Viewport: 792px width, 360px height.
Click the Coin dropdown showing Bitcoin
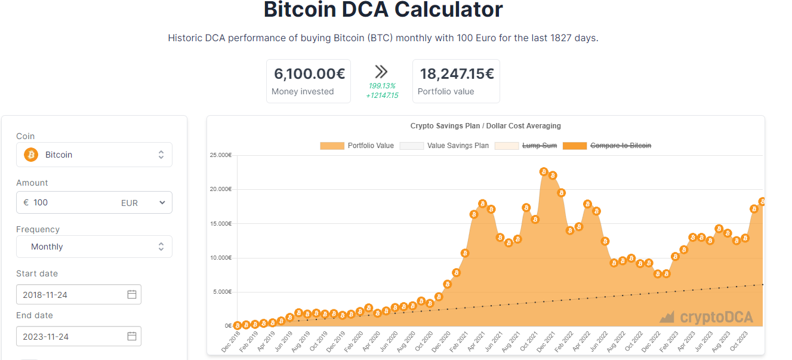[x=94, y=155]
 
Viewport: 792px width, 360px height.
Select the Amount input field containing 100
[x=72, y=202]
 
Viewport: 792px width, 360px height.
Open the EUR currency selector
[x=143, y=203]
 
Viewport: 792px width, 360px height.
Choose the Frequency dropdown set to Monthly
[x=94, y=247]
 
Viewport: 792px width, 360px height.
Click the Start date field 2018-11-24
[x=78, y=295]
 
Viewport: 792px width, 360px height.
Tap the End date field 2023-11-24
[x=78, y=337]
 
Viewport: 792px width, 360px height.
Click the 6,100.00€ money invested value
[x=309, y=74]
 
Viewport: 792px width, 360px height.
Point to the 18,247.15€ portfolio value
[x=457, y=74]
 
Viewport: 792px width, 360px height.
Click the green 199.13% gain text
[x=382, y=86]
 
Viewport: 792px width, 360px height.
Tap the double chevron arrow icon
[x=381, y=72]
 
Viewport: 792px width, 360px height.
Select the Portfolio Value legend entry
[x=357, y=146]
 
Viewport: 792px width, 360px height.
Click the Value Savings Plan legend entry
[x=444, y=146]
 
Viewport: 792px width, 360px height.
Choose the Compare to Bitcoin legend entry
[x=607, y=146]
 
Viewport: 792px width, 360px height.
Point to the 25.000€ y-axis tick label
[x=221, y=155]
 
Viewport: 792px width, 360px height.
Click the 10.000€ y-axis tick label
[x=221, y=258]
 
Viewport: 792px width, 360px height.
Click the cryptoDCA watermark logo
[x=707, y=317]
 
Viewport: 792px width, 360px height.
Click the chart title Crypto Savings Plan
[x=485, y=126]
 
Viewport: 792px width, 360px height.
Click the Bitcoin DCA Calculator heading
[x=383, y=10]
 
